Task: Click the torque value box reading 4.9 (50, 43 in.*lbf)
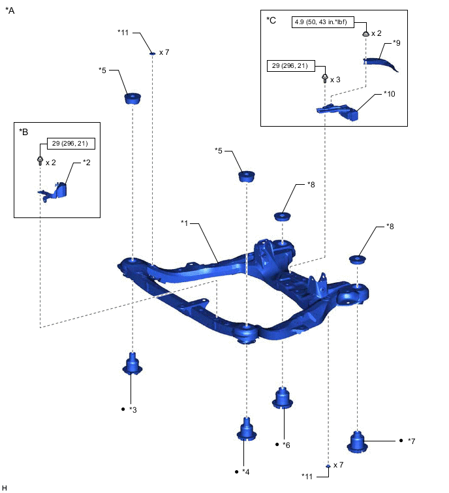tap(320, 22)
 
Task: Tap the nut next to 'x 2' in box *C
tap(365, 33)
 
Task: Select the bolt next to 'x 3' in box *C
tap(324, 78)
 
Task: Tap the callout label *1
tap(185, 223)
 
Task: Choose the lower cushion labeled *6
tap(282, 397)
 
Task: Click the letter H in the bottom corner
tap(5, 487)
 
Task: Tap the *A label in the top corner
tap(10, 11)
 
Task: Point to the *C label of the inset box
tap(271, 20)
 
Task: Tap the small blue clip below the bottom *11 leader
tap(327, 465)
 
